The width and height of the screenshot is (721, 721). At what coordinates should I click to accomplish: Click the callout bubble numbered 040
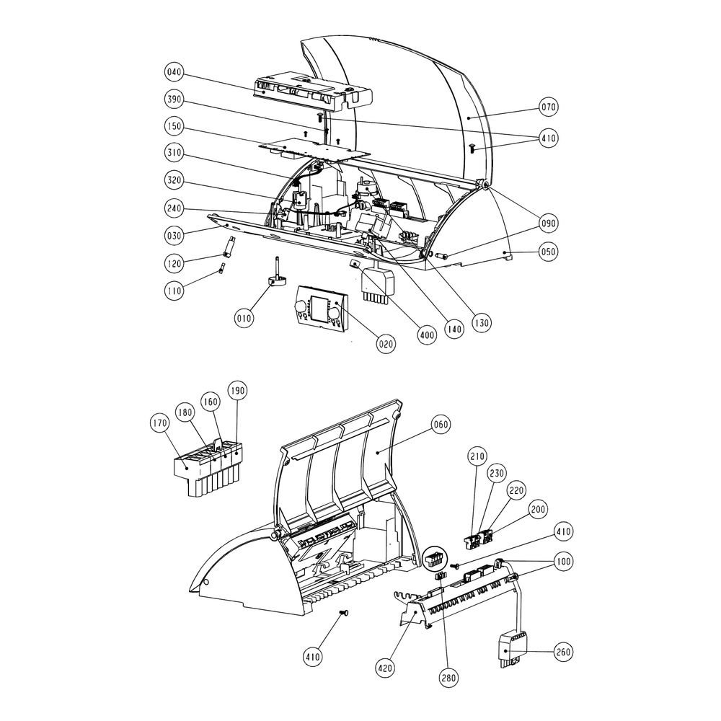coord(174,72)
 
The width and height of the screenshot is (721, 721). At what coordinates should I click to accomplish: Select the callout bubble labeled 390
coord(174,99)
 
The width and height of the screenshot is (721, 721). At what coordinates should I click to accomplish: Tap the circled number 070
coord(548,107)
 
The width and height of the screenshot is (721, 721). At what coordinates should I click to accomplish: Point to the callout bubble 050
coord(548,252)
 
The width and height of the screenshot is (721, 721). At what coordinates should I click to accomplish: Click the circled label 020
coord(386,343)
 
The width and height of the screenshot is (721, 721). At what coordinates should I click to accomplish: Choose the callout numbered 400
coord(427,335)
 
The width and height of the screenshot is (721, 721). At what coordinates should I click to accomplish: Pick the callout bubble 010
coord(244,318)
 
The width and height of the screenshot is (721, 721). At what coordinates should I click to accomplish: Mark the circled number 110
coord(174,290)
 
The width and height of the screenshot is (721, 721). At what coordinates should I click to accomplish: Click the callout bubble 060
coord(441,425)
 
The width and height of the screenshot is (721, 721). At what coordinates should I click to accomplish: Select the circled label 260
coord(563,652)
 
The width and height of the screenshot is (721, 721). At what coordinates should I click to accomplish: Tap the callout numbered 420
coord(384,667)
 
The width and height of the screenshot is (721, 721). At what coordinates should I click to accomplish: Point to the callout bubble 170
coord(159,424)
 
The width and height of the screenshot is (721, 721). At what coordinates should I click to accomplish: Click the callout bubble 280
coord(448,677)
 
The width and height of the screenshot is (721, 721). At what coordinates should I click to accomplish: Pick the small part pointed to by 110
coord(222,268)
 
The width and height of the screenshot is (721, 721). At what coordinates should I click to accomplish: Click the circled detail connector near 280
coord(434,559)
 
